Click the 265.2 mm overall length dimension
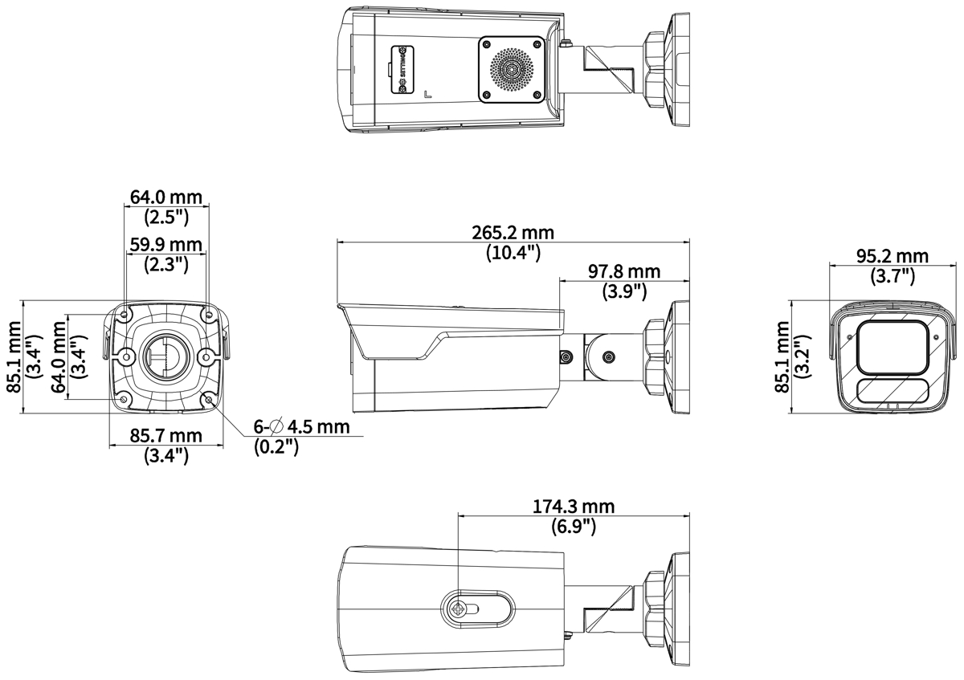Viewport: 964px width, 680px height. click(513, 233)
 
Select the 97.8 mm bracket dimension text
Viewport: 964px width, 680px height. click(624, 271)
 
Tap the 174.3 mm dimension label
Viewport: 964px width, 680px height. click(574, 507)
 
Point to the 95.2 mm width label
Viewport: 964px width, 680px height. click(893, 256)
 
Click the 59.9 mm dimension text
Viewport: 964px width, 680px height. click(166, 244)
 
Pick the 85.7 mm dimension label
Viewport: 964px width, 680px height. click(166, 436)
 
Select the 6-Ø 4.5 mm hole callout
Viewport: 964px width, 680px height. click(302, 426)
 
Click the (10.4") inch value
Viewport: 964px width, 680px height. click(513, 252)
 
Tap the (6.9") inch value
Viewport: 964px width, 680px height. click(574, 526)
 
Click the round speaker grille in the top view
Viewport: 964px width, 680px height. click(511, 69)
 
